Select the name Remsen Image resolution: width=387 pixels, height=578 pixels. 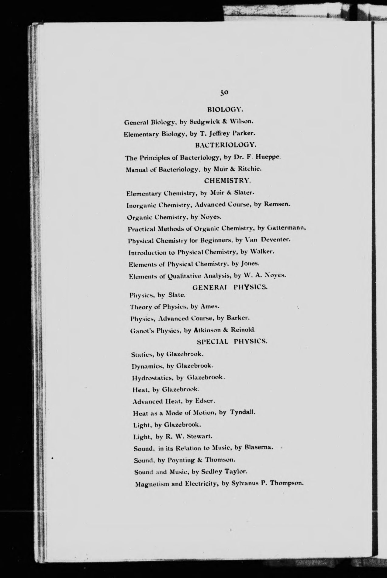pyautogui.click(x=277, y=204)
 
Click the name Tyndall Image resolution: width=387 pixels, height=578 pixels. pyautogui.click(x=242, y=412)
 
